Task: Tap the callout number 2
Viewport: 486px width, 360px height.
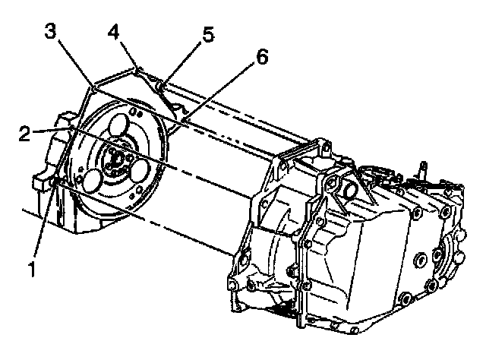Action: pos(26,134)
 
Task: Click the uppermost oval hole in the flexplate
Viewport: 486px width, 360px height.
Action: pos(118,125)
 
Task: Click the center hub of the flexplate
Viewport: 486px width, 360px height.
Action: pos(115,160)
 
